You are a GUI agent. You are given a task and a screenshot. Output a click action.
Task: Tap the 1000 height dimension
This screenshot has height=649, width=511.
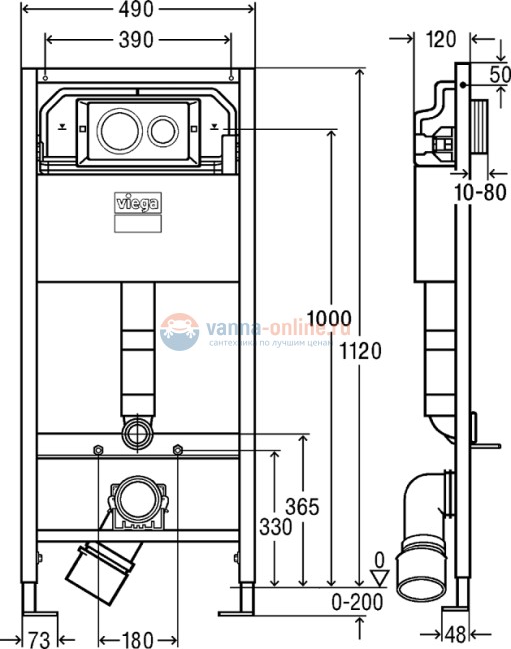pyautogui.click(x=327, y=319)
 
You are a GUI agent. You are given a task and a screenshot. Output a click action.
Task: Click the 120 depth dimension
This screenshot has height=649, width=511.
pyautogui.click(x=440, y=40)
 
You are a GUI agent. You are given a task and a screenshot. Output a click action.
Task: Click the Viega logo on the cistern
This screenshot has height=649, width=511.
pyautogui.click(x=139, y=206)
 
